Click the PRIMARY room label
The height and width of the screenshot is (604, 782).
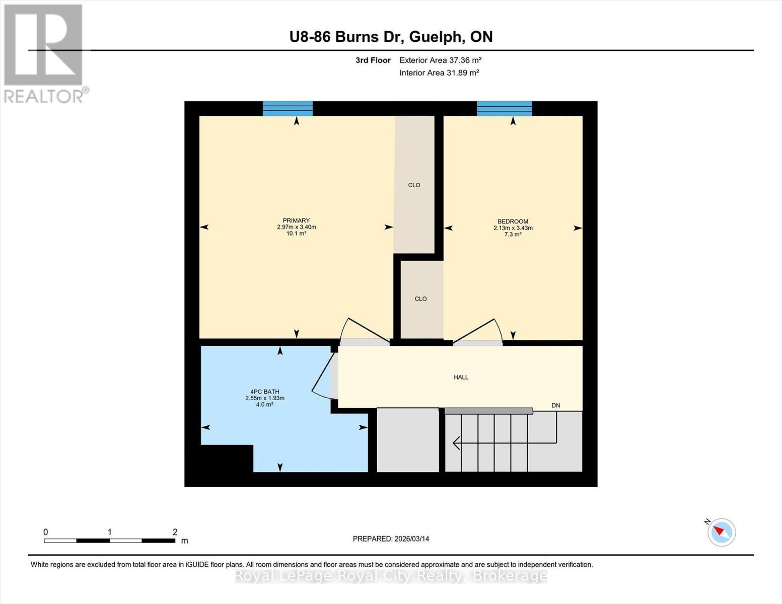pos(296,220)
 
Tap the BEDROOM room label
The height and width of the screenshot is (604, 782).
pos(513,221)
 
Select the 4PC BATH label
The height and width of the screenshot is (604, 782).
pos(264,392)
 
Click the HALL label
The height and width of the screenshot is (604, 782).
pos(461,377)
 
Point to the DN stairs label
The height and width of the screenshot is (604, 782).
pos(555,405)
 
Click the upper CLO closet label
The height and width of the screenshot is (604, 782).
pos(414,185)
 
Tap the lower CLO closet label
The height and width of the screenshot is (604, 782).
pos(420,299)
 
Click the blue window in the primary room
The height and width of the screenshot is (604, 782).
pos(288,108)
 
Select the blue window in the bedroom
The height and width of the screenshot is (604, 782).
pos(504,108)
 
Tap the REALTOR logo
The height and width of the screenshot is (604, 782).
pos(44,53)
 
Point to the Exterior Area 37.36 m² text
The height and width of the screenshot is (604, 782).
pos(440,60)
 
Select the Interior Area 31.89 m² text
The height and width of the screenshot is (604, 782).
pos(439,72)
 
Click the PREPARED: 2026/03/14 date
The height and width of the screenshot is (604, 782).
pos(391,539)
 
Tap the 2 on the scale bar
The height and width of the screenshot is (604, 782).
pos(175,532)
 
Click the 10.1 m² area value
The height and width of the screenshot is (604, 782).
pos(296,234)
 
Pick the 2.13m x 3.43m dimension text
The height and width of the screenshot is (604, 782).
pos(513,228)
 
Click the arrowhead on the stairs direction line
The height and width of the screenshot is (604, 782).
pos(456,443)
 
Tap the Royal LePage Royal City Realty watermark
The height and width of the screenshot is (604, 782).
pos(391,575)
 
